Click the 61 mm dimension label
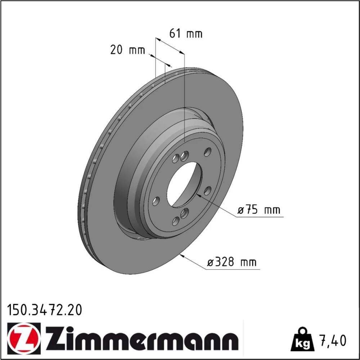(x=186, y=34)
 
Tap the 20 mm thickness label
(x=128, y=50)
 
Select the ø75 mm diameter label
(x=259, y=210)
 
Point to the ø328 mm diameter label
(x=231, y=262)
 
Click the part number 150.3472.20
(x=45, y=310)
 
